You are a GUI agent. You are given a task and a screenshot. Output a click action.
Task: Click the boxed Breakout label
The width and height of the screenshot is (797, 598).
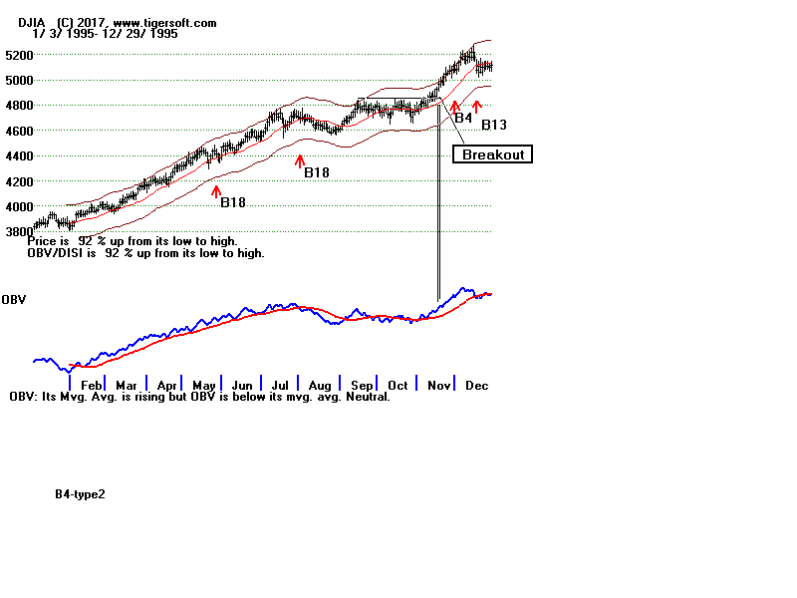coord(493,154)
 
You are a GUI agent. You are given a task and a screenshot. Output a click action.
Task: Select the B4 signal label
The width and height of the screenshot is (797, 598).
coord(463,118)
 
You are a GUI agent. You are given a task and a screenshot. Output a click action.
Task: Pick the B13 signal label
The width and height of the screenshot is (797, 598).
coord(494,126)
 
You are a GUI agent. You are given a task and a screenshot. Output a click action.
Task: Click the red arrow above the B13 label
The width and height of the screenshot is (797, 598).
coord(477,106)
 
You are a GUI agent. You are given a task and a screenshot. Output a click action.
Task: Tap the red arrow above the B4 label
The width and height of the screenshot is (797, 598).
coord(455,106)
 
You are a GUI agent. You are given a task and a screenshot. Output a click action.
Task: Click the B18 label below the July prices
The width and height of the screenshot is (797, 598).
coord(317,172)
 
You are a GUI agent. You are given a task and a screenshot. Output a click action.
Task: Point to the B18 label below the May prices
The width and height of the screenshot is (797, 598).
coord(233,202)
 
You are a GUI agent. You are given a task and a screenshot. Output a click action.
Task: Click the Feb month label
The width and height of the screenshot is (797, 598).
coord(91,385)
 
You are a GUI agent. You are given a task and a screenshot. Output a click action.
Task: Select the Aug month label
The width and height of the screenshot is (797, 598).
coord(319,385)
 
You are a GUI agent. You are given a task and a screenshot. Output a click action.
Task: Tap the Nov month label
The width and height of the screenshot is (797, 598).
coord(438,385)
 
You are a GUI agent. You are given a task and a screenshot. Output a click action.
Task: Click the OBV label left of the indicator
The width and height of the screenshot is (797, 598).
coord(13,299)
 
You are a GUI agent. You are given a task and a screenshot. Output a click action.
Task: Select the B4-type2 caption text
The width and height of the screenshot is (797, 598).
coord(80,493)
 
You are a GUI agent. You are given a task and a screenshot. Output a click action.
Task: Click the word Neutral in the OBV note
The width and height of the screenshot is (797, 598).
coord(366,397)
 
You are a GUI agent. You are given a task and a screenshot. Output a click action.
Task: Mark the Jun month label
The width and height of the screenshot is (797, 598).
coord(241,385)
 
